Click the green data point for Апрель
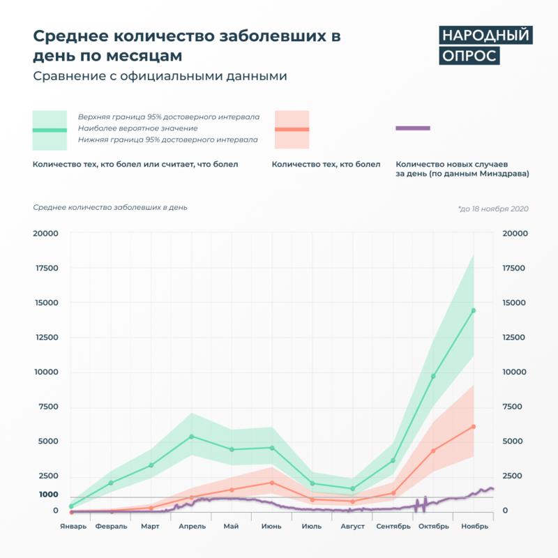pos(192,437)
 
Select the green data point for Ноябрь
pos(474,310)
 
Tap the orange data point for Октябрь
pos(433,451)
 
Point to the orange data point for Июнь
pos(272,483)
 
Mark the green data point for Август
pos(353,489)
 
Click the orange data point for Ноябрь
pos(474,426)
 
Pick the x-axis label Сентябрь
pos(393,526)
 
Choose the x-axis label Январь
pos(73,526)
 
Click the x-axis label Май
pos(232,526)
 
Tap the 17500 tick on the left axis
pos(46,268)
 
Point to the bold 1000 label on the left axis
pos(48,495)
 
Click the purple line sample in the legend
pos(413,128)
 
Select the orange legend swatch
pos(292,129)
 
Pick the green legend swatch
pos(50,130)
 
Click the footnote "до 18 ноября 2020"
pos(493,209)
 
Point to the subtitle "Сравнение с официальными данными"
pos(160,76)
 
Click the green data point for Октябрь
pos(433,377)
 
